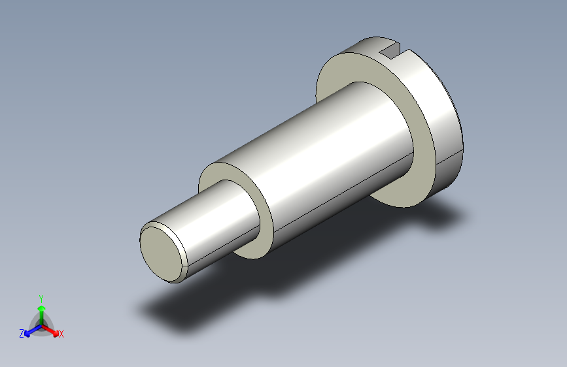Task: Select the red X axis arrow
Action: [50, 330]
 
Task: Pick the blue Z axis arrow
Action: [33, 330]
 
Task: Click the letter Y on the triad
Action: [41, 298]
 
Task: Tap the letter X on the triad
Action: [61, 334]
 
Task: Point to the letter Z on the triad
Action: [22, 334]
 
